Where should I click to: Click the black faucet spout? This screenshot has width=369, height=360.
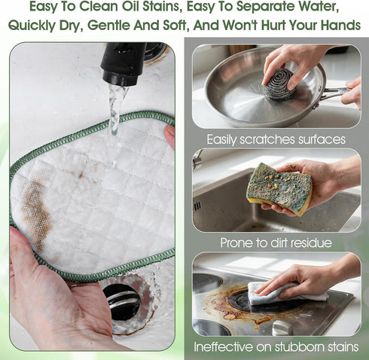pos(123,63)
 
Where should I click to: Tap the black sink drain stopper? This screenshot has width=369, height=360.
pos(122,301)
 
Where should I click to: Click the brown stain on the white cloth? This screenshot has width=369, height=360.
pos(37,214)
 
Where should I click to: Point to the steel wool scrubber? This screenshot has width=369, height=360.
pos(278,84)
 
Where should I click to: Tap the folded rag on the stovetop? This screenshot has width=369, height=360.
pos(286,293)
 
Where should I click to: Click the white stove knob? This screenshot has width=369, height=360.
pos(282,328)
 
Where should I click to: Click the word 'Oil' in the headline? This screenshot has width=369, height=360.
pos(132,7)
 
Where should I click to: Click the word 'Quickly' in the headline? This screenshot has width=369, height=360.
pos(32,26)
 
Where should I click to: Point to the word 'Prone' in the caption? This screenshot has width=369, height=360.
pos(234,243)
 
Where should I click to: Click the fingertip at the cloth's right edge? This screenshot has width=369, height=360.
pos(169,136)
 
